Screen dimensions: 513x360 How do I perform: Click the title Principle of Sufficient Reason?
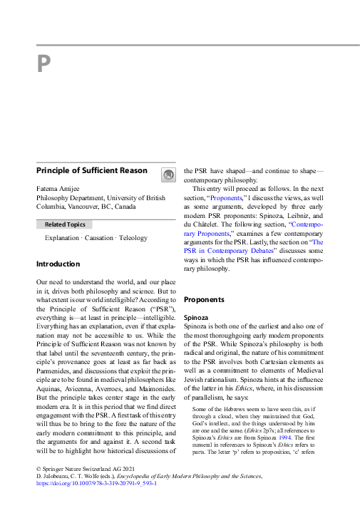pyautogui.click(x=92, y=171)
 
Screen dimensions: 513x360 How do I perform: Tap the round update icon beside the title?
pyautogui.click(x=167, y=174)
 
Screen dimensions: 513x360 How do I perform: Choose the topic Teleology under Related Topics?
pyautogui.click(x=133, y=238)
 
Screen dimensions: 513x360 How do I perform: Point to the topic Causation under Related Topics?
pyautogui.click(x=100, y=238)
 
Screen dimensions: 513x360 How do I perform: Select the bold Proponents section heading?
pyautogui.click(x=204, y=300)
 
